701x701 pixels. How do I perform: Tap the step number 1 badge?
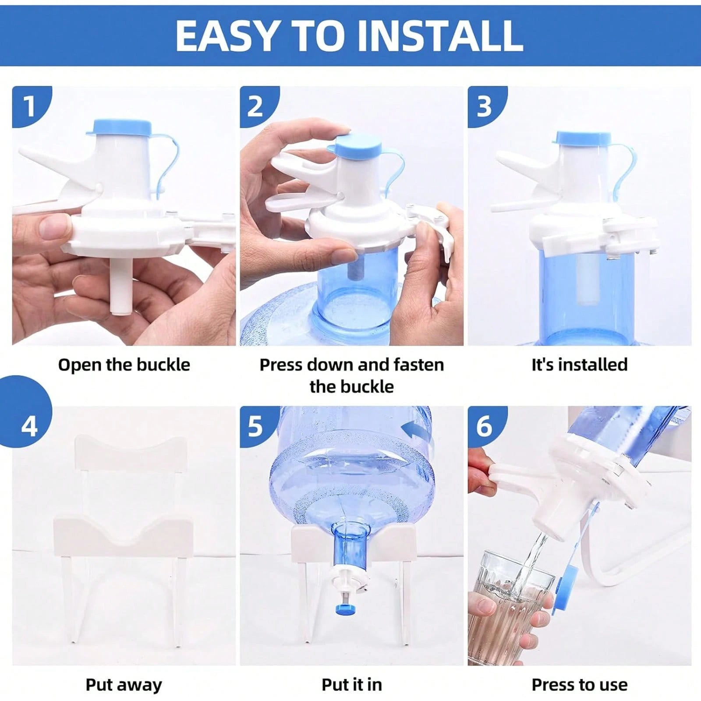pyautogui.click(x=29, y=106)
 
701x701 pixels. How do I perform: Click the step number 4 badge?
pyautogui.click(x=29, y=426)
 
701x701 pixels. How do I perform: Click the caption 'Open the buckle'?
pyautogui.click(x=124, y=365)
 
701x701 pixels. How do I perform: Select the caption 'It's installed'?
pyautogui.click(x=579, y=365)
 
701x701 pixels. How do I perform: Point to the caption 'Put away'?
pyautogui.click(x=124, y=684)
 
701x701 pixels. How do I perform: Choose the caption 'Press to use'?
pyautogui.click(x=579, y=684)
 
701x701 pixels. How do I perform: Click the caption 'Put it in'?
pyautogui.click(x=351, y=684)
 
